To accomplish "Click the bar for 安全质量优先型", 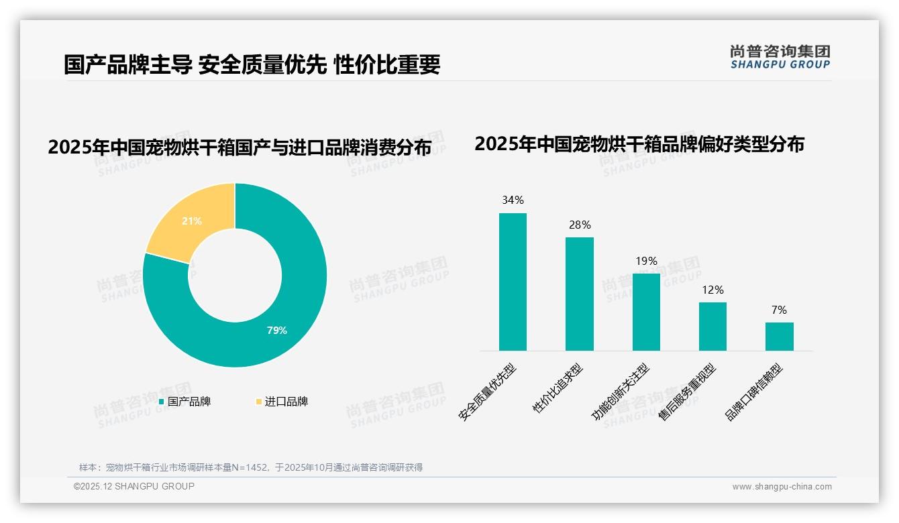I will tap(513, 282).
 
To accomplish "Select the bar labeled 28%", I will tap(579, 294).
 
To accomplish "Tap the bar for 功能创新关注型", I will tap(646, 312).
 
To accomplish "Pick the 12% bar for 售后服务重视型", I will tap(712, 326).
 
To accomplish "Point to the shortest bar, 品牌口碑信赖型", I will tap(779, 336).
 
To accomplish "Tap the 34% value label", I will tap(513, 200).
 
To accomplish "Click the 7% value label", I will tap(779, 310).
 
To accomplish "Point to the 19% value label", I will tap(646, 261).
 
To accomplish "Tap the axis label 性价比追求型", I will tap(558, 388).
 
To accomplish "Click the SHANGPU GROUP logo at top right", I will tap(780, 57).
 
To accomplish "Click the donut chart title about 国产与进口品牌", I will tap(239, 148).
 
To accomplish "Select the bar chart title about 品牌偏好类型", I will tap(639, 144).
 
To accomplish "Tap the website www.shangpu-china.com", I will tap(782, 487).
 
